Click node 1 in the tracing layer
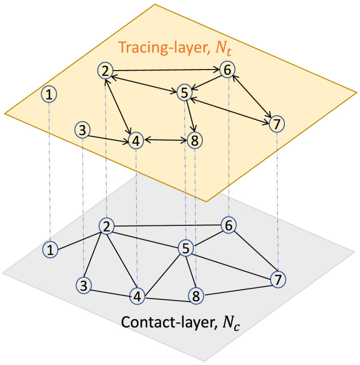[x=49, y=93]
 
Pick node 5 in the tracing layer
[x=185, y=93]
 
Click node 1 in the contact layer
[x=49, y=249]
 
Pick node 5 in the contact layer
[x=186, y=248]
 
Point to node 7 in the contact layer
[x=277, y=279]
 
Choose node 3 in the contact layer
[x=84, y=285]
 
